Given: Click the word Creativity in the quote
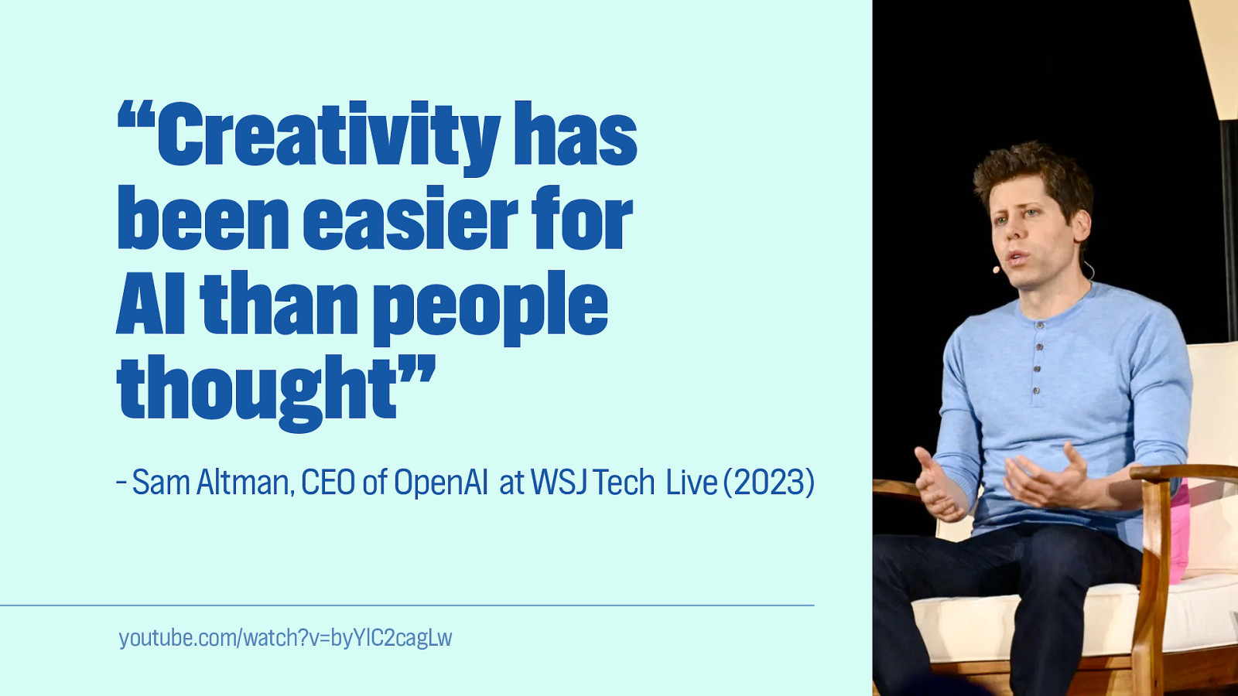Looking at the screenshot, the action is [329, 138].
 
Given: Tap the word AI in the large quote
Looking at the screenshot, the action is [150, 302].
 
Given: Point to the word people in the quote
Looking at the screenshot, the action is [491, 308].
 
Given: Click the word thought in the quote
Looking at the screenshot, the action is [257, 393].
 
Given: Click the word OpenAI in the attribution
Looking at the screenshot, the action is [440, 483].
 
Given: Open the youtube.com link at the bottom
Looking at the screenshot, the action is [286, 638].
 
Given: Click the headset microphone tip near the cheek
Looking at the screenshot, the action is [996, 270].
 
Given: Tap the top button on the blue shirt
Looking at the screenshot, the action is [1041, 326].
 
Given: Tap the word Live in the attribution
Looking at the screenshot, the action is [692, 483].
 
